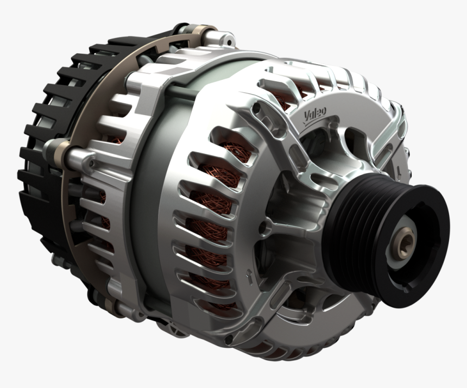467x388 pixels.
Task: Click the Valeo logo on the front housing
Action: coord(314,115)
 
